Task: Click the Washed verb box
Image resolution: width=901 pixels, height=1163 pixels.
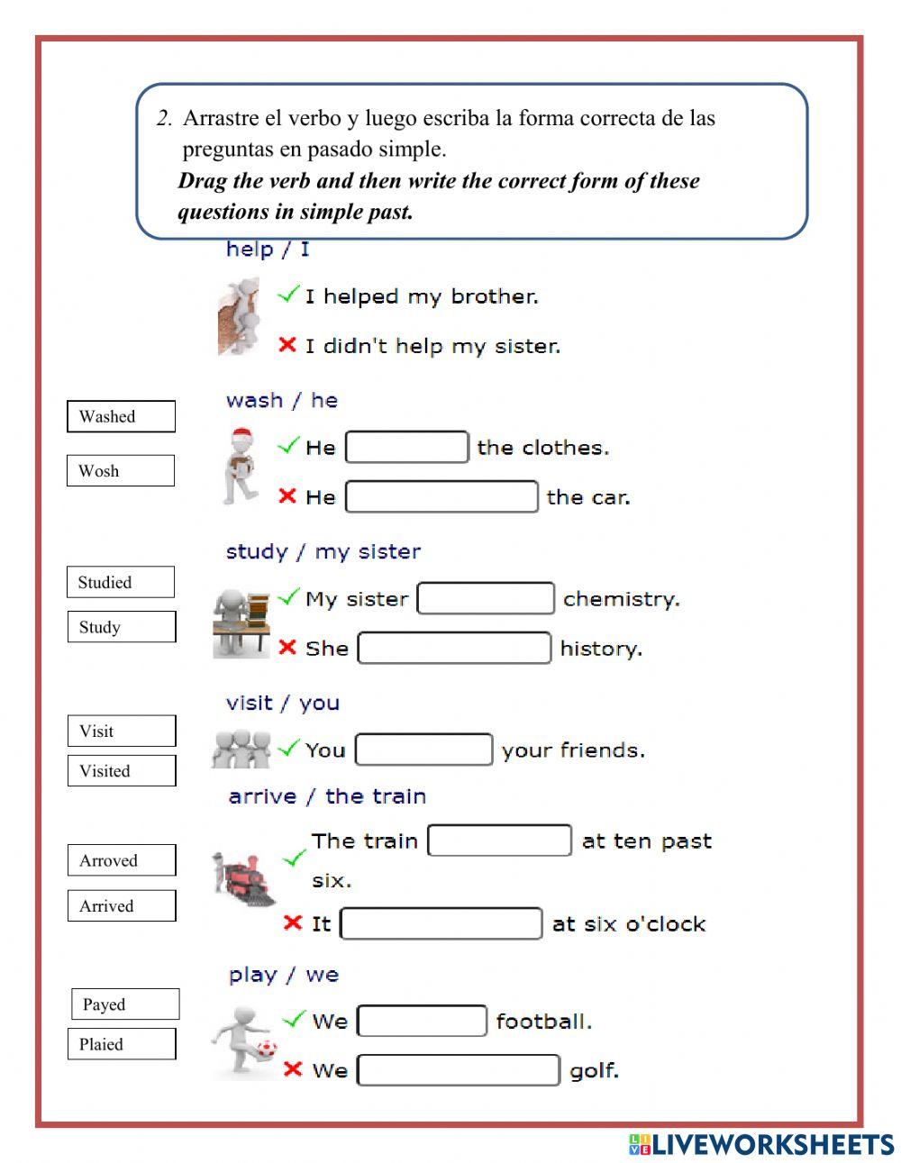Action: [x=121, y=416]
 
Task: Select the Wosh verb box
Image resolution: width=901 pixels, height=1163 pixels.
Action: [x=121, y=470]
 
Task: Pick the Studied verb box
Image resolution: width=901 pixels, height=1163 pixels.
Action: [x=121, y=582]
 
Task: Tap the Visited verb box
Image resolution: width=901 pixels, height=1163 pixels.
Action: [x=122, y=770]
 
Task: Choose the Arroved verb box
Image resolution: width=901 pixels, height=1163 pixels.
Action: [x=122, y=860]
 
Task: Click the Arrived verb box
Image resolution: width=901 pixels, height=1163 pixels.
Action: [x=122, y=905]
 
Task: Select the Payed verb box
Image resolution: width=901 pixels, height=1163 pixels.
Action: [x=125, y=1004]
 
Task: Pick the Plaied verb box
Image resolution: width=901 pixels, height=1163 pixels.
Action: [x=122, y=1044]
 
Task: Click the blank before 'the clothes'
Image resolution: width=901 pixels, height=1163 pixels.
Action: [x=407, y=447]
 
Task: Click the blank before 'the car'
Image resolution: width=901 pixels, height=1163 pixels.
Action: [x=441, y=496]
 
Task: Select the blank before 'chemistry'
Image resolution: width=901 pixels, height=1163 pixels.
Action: [x=486, y=598]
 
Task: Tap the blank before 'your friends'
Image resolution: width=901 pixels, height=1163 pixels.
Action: [x=424, y=750]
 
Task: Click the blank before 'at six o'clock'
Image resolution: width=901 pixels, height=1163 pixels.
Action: [x=441, y=923]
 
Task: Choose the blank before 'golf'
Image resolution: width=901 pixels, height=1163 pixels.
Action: [x=459, y=1070]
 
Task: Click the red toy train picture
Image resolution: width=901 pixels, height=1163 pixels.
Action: [x=242, y=877]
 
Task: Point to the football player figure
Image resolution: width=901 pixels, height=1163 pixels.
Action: [x=241, y=1040]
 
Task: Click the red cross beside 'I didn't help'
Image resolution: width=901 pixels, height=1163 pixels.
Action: [x=287, y=344]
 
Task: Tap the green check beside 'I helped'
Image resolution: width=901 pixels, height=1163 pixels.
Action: [x=288, y=294]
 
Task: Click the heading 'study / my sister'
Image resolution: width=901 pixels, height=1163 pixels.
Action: [x=323, y=551]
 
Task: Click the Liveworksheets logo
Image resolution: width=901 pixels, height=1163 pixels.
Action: [x=760, y=1144]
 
